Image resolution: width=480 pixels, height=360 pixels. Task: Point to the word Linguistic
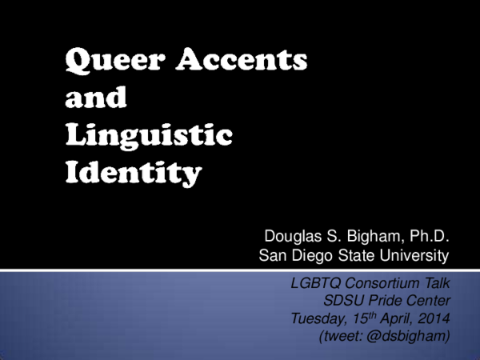(149, 136)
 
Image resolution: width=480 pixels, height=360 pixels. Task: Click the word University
(415, 256)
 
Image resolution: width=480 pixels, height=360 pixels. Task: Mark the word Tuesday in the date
(318, 320)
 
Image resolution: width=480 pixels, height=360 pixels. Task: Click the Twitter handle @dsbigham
(409, 338)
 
